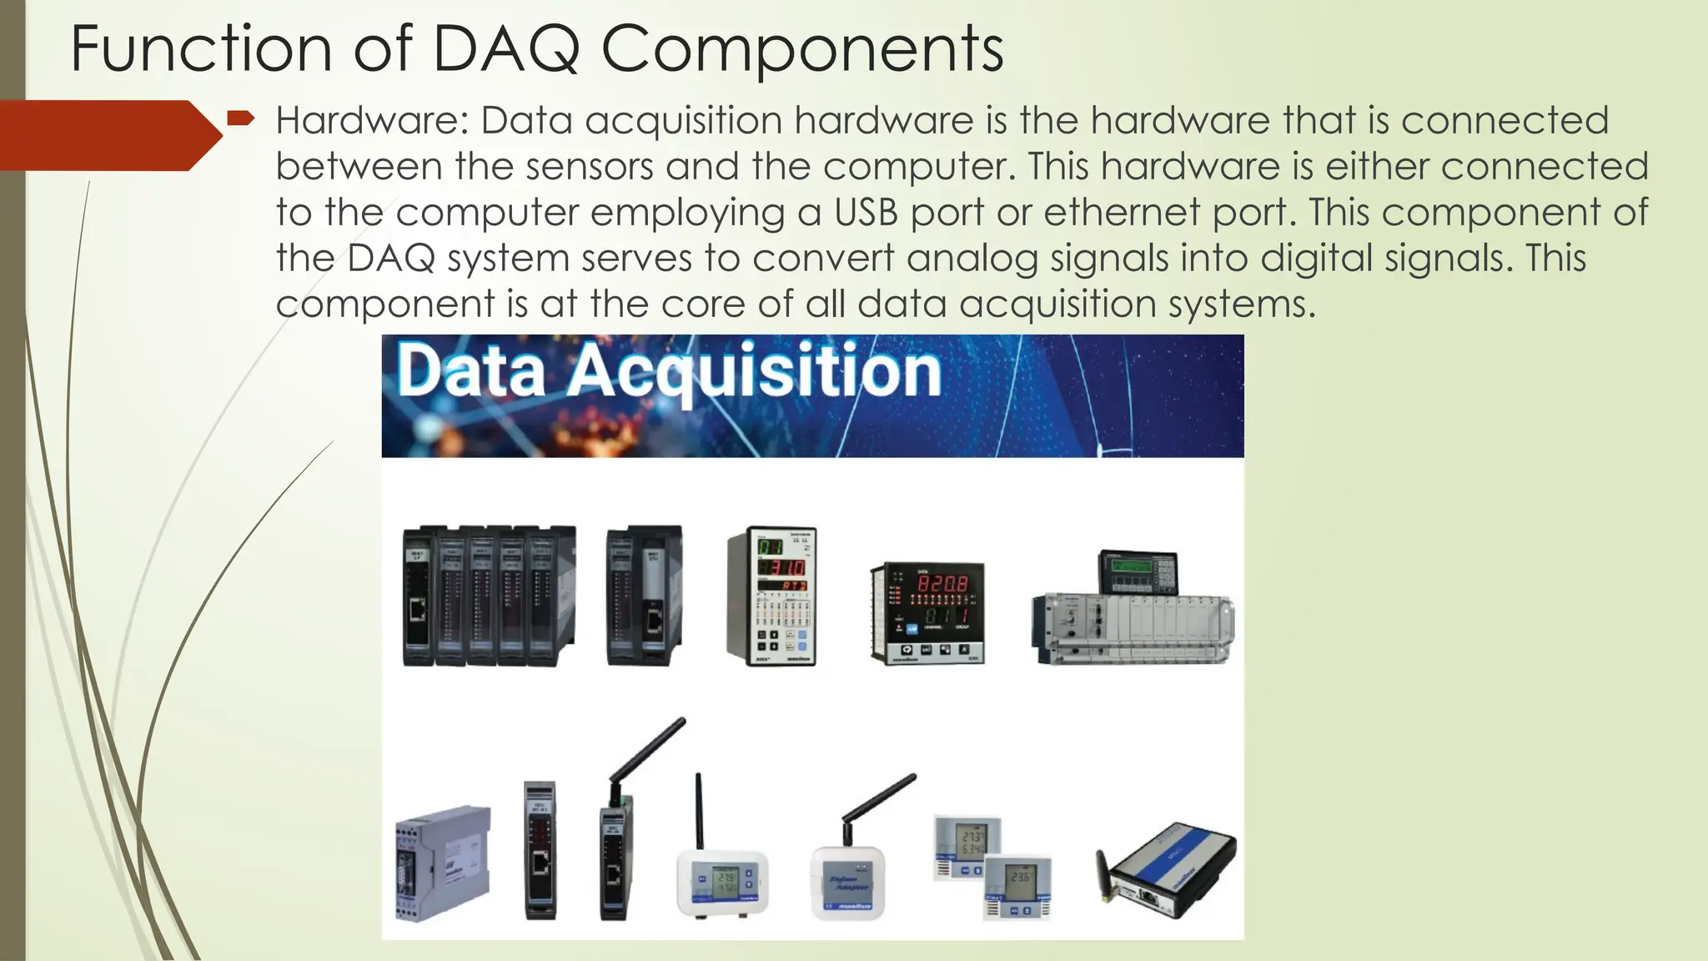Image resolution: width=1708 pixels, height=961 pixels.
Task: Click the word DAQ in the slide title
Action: coord(506,50)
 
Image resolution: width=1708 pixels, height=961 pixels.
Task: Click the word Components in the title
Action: coord(802,50)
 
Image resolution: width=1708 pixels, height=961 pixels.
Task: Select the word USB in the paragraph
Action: coord(866,213)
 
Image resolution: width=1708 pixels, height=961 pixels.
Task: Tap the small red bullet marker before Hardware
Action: coord(240,118)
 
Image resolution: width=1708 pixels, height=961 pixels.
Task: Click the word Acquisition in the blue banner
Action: coord(755,372)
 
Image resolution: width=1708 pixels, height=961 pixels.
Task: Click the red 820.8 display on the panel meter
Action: coord(942,581)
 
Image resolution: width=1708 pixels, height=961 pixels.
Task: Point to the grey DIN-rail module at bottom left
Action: coord(442,863)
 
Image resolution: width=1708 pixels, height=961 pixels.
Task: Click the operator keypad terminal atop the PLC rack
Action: coord(1138,572)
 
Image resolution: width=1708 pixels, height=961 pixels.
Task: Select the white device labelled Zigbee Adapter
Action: coord(847,884)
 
